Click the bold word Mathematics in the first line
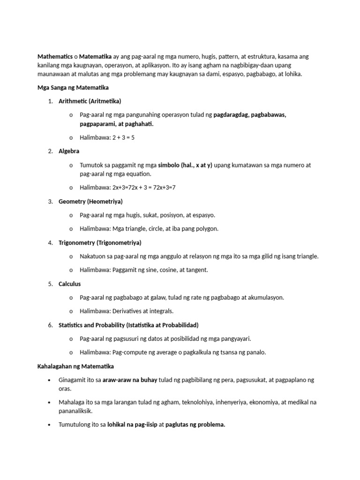(54, 57)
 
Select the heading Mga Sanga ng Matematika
(73, 87)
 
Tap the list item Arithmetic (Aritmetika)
(90, 101)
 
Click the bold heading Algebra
(69, 151)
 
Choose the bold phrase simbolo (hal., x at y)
(185, 165)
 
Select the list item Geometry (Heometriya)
(90, 201)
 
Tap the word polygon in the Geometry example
(208, 229)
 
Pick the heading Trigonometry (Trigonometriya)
(100, 242)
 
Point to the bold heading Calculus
(70, 284)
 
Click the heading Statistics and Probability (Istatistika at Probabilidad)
(129, 325)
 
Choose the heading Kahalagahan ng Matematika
(75, 366)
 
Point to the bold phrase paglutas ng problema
(195, 425)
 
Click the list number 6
(50, 325)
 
